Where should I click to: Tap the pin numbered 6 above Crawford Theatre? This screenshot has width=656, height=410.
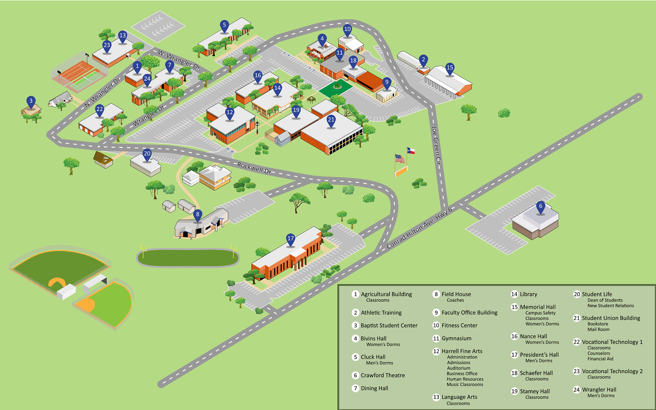[541, 207]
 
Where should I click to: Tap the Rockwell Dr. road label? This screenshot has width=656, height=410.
[255, 168]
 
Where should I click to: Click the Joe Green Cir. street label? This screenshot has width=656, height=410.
[436, 146]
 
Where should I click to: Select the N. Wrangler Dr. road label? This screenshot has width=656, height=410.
[103, 92]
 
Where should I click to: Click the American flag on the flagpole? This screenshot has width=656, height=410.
[399, 159]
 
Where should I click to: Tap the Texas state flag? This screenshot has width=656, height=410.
[411, 151]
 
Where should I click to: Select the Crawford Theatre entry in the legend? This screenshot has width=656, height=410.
[383, 375]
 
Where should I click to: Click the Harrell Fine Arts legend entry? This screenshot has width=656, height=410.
[462, 351]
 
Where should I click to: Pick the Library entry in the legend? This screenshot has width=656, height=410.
[529, 294]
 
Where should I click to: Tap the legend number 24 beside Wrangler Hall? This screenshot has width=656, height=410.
[577, 390]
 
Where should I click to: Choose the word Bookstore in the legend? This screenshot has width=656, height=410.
[598, 324]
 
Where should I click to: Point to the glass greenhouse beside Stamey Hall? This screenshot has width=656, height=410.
[282, 139]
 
